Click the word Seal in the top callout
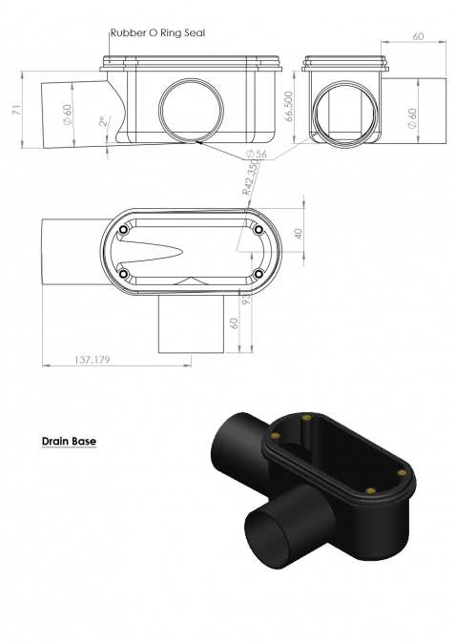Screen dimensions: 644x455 click(194, 32)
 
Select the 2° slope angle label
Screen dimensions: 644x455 click(102, 123)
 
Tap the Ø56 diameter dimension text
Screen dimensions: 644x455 click(258, 154)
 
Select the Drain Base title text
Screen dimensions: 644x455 click(69, 442)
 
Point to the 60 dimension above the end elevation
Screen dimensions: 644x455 click(418, 35)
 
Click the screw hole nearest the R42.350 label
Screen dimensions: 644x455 click(259, 230)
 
